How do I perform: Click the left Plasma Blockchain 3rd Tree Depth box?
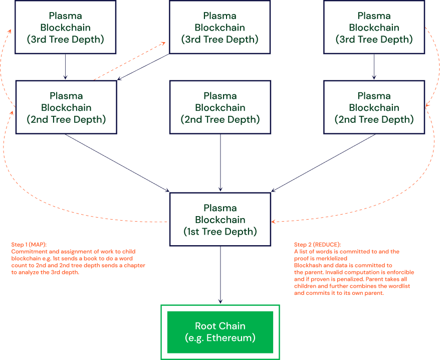[66, 27]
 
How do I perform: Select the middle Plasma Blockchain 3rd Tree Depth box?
[219, 27]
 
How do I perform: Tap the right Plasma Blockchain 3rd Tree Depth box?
[374, 27]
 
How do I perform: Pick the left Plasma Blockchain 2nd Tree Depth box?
[66, 107]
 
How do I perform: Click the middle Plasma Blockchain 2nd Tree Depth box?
[220, 107]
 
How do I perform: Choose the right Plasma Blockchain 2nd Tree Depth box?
[374, 107]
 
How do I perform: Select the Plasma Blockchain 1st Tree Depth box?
[220, 220]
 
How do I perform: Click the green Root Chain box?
[219, 332]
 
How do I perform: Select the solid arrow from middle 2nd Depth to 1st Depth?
[221, 163]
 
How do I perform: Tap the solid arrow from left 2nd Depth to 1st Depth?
[118, 163]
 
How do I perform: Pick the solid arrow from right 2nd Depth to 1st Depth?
[323, 163]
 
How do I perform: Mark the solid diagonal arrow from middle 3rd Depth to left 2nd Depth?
[144, 67]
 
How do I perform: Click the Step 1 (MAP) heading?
[29, 244]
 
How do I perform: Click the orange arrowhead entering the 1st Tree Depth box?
[274, 221]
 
